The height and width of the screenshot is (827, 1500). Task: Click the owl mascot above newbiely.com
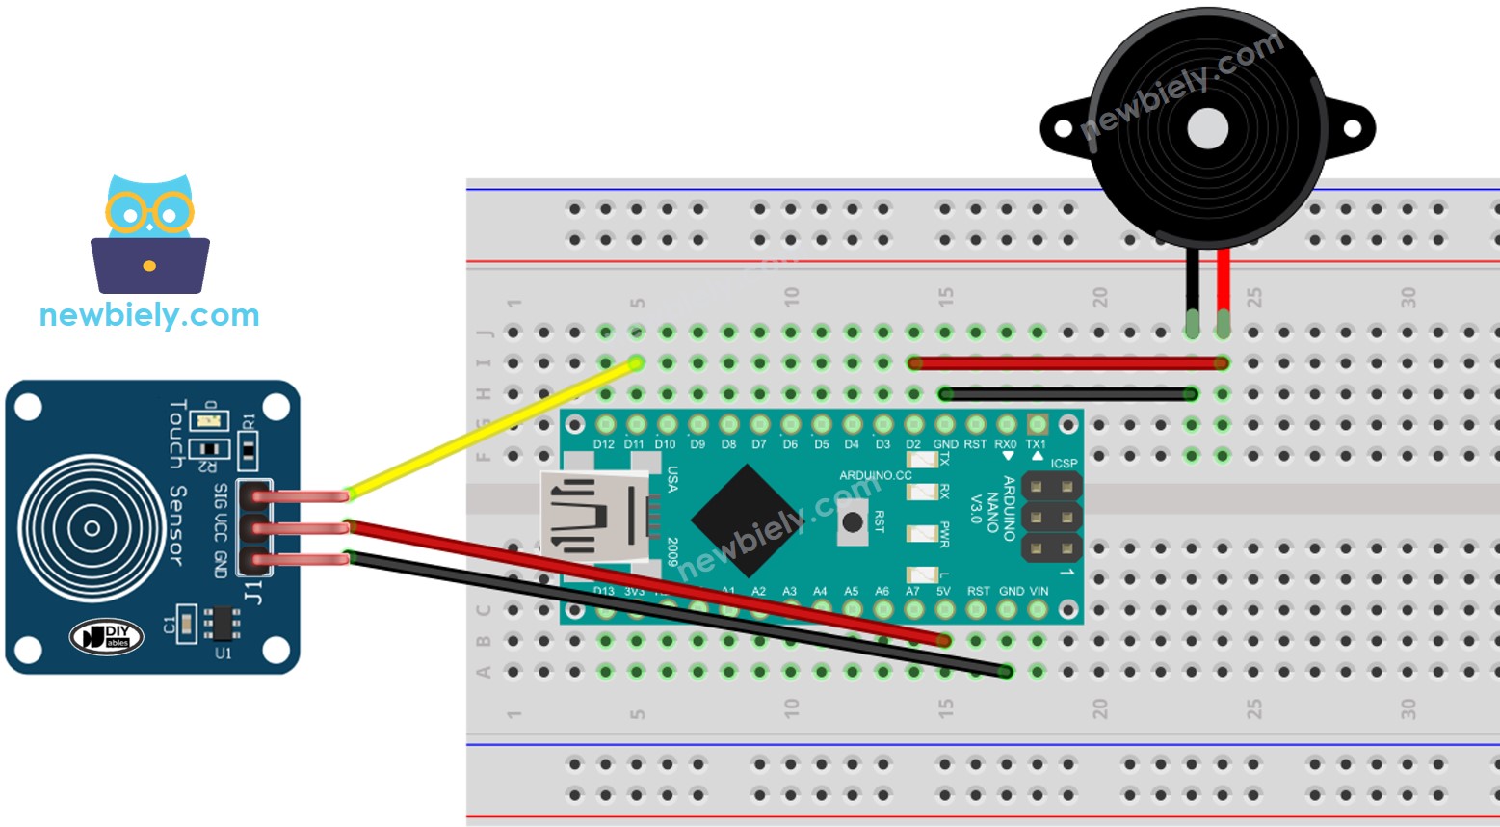(149, 234)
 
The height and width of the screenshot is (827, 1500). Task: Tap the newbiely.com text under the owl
(149, 315)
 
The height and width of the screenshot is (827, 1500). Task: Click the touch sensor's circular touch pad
(92, 528)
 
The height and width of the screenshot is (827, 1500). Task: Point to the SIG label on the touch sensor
(221, 495)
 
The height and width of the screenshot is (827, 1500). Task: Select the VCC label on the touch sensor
(221, 528)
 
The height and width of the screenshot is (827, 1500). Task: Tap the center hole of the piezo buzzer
(1207, 128)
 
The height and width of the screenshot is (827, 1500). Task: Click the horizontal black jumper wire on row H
(1067, 393)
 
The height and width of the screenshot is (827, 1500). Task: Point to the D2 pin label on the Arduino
(913, 444)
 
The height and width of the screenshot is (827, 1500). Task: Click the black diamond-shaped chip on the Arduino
(747, 520)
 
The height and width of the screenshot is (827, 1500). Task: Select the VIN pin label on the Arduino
(1039, 591)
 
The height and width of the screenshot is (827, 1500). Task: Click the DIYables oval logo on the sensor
(107, 636)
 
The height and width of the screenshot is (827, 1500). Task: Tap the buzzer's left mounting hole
(1063, 128)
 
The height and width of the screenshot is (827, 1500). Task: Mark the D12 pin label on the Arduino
(604, 444)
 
